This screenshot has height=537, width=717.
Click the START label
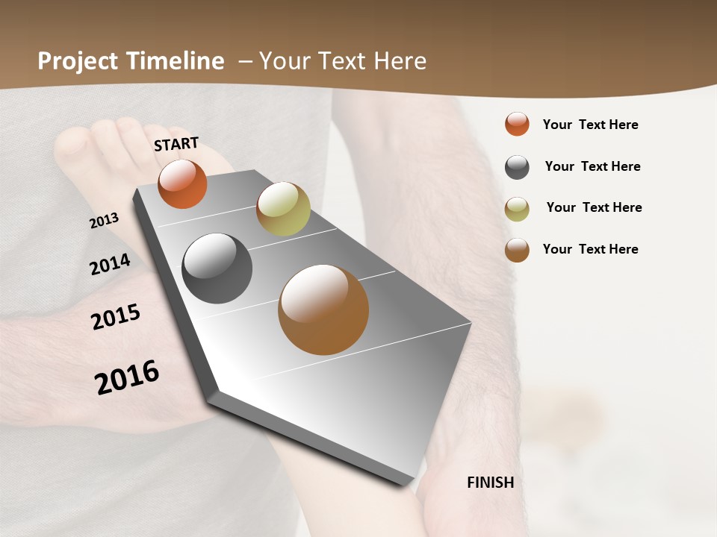click(176, 143)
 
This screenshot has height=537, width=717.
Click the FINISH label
click(490, 483)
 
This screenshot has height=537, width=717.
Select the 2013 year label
click(105, 221)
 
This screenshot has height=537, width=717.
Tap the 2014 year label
click(110, 264)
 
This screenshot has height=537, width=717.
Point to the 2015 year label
click(116, 317)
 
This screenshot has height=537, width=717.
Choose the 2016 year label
click(127, 377)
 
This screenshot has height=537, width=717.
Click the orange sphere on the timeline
click(182, 183)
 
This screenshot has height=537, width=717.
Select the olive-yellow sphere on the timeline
click(283, 209)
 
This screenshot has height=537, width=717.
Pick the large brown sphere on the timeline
click(323, 310)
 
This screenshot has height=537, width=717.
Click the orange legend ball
click(517, 124)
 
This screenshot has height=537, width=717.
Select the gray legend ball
click(517, 167)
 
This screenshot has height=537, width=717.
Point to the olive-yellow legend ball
click(517, 209)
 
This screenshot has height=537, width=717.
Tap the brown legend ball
click(517, 250)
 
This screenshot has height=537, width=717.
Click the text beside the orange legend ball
click(590, 125)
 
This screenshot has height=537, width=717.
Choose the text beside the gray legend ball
click(592, 166)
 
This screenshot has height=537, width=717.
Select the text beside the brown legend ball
click(590, 249)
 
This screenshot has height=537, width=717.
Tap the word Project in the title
click(78, 61)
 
